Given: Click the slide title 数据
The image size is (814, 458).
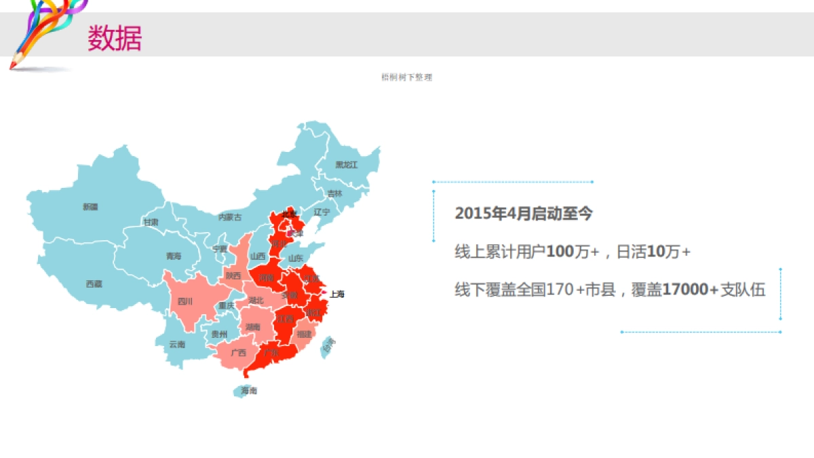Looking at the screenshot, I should [x=115, y=38].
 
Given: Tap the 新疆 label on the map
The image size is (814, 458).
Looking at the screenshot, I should [x=90, y=206].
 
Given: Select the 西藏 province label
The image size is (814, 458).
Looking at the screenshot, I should [x=94, y=284].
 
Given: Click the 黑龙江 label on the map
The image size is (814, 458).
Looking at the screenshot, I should [x=346, y=165].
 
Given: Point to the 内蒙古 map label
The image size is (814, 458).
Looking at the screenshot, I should [x=230, y=217].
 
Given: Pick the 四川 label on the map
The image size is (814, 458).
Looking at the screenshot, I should [x=185, y=301].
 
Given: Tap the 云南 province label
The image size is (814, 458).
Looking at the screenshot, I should [x=177, y=344].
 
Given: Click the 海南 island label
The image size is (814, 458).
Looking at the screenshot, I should [x=249, y=391].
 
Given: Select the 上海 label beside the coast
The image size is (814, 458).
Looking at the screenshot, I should [x=337, y=294].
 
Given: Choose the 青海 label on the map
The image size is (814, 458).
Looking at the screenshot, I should [x=174, y=256].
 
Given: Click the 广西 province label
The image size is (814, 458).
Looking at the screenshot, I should [x=238, y=353].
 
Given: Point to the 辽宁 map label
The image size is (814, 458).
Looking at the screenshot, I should [x=322, y=212].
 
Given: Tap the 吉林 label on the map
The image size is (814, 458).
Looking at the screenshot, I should [x=335, y=193].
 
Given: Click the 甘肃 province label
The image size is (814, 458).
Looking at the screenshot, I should [x=151, y=223].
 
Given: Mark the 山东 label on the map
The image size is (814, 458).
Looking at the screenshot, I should [x=296, y=259].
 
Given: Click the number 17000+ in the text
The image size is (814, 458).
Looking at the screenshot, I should [x=689, y=290].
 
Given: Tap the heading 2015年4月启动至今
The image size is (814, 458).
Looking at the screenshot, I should [x=524, y=214].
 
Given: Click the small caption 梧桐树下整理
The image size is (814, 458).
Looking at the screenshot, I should [x=407, y=77].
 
